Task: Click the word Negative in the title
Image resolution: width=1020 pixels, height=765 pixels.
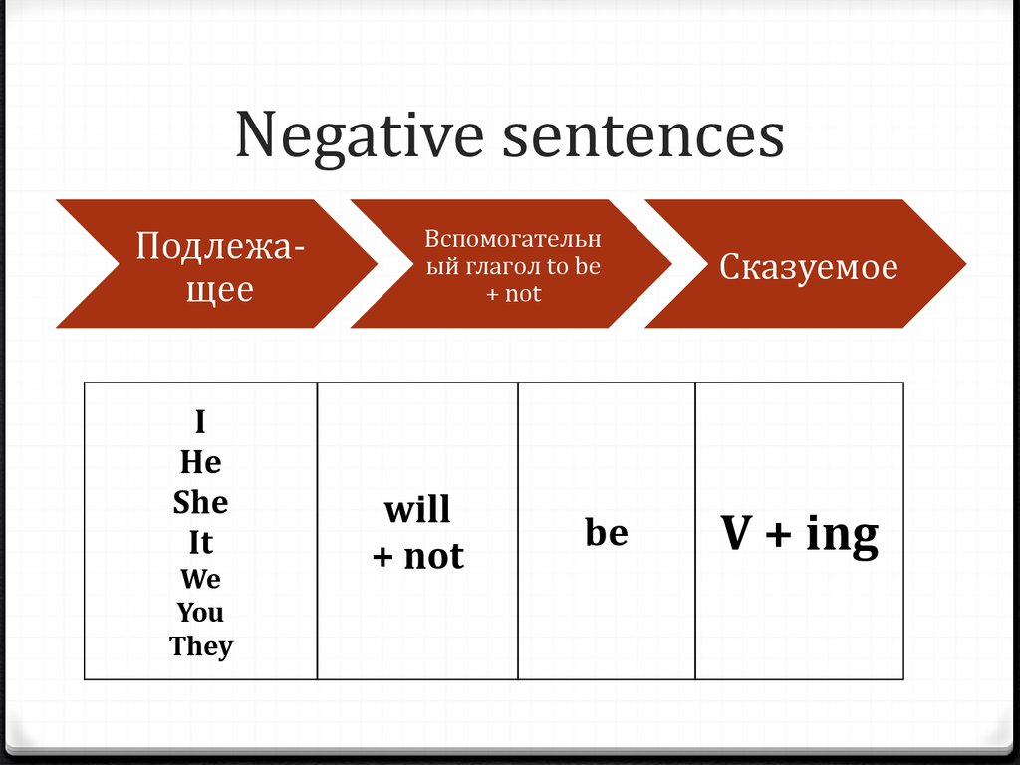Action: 361,137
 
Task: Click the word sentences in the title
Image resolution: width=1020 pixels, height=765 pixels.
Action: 643,137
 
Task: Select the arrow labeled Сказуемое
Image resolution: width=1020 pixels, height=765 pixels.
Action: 808,266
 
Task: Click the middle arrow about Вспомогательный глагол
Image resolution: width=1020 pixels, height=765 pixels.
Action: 512,266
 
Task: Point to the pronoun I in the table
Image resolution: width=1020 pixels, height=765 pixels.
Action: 200,423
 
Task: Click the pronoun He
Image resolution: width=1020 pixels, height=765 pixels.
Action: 200,462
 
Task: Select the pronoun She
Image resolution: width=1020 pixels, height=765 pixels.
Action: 200,502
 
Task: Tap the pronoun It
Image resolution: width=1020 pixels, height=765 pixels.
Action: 200,543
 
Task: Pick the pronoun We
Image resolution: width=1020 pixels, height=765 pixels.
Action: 200,579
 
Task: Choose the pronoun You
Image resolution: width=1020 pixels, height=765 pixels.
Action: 200,613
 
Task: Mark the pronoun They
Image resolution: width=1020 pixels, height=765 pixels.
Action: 200,646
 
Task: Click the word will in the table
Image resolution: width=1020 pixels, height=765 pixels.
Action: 417,510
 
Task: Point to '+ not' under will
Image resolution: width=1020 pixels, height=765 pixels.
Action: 417,556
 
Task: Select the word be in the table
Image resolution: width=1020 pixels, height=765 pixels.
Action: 607,533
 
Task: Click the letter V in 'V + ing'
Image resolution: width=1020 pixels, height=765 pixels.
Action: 735,535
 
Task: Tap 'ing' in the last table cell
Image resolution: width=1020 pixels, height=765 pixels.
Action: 842,536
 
